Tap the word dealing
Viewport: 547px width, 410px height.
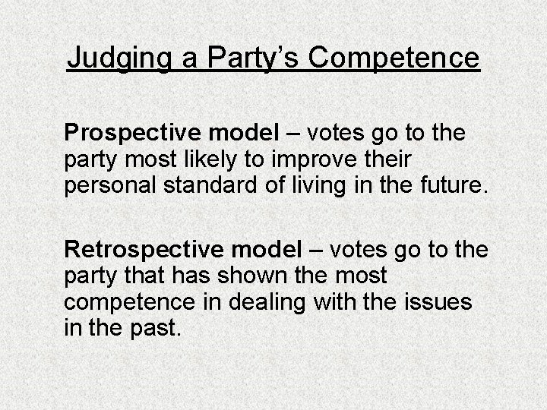[x=259, y=302]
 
